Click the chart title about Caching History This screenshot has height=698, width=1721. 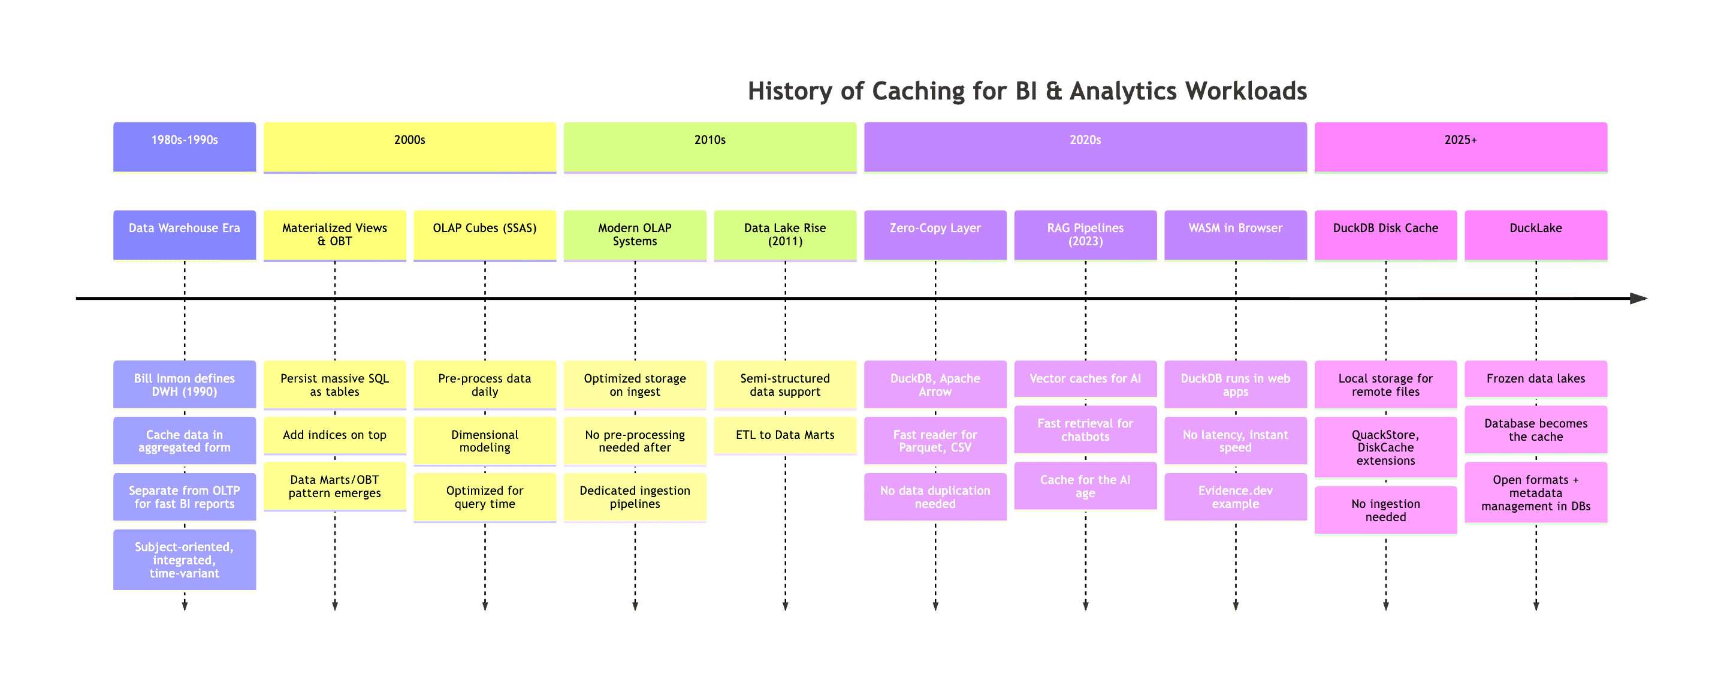[x=1027, y=91]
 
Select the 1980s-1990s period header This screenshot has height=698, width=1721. [x=185, y=146]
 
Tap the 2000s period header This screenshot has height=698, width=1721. [x=409, y=146]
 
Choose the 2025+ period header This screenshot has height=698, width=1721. [x=1460, y=146]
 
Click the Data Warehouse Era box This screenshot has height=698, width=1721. [x=185, y=234]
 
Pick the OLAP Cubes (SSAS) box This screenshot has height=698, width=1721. [x=484, y=234]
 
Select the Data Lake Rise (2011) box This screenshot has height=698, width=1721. [x=785, y=234]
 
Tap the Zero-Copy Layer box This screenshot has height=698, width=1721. [x=935, y=234]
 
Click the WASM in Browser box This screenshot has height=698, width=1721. [x=1235, y=234]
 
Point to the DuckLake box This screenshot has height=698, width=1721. [x=1535, y=234]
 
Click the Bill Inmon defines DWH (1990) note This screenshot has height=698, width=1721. [x=185, y=384]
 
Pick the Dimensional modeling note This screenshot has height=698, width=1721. [x=484, y=441]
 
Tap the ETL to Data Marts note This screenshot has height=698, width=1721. [x=785, y=435]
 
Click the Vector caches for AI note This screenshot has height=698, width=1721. [x=1085, y=379]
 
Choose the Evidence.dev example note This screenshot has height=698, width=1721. [x=1235, y=497]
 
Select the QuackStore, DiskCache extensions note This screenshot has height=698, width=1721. [x=1385, y=447]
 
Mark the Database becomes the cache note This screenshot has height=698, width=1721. [x=1535, y=430]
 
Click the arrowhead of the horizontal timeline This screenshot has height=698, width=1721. [x=1639, y=298]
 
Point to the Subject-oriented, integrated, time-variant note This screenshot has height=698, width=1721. [x=185, y=559]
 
